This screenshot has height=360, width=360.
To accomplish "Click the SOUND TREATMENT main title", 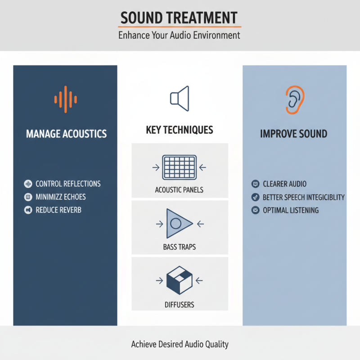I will (179, 18).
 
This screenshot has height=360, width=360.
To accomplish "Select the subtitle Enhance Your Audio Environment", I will (179, 35).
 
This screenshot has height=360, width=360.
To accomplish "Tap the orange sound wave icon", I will (66, 99).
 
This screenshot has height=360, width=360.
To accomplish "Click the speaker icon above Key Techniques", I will (180, 99).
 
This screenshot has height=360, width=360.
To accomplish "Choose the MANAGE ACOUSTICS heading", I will (66, 134).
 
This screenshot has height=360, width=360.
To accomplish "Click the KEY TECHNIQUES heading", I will (180, 130).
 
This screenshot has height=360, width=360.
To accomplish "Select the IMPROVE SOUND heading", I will (293, 134).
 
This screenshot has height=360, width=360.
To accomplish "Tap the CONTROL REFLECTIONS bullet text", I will (68, 184).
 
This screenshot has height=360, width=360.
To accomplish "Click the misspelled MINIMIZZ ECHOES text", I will (60, 197).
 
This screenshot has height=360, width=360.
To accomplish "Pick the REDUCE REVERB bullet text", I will (58, 210).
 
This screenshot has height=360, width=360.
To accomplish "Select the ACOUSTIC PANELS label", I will (179, 190).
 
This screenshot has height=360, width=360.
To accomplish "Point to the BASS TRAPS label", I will (179, 247).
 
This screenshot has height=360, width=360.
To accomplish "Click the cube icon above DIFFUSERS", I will (179, 280).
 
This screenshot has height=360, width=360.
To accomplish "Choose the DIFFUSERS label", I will (179, 305).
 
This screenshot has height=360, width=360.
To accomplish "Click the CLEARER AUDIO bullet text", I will (284, 184).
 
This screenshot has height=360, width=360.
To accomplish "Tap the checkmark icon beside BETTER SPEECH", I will (255, 197).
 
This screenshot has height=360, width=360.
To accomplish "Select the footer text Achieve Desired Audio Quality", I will (180, 344).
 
